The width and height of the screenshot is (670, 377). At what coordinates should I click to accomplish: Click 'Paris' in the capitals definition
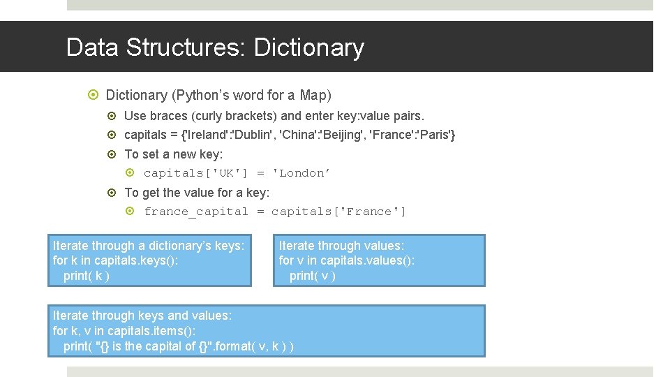436,135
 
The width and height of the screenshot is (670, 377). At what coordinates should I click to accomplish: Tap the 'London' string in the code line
301,173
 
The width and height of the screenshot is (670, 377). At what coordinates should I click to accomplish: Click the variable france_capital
196,212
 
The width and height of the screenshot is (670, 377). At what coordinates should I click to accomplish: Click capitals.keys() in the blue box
135,260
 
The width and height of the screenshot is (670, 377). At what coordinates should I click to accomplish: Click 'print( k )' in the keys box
87,275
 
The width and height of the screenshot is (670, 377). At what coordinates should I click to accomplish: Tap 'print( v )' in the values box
313,275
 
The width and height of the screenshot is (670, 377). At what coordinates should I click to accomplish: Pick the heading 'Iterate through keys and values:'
142,316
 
